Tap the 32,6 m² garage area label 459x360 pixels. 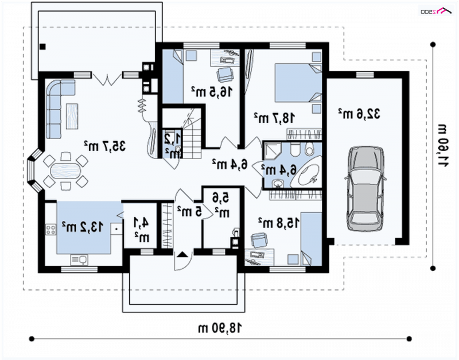coord(359,113)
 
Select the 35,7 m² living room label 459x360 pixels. coord(104,146)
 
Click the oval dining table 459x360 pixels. coord(65,171)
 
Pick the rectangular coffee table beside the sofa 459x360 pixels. coord(72,116)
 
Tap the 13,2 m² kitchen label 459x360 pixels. coord(83,226)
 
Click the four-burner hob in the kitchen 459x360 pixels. coord(50,229)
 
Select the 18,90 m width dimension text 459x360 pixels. coord(220,328)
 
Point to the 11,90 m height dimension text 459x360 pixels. coord(442,146)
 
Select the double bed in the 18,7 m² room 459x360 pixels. coord(298,83)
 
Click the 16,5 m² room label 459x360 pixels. coord(212,92)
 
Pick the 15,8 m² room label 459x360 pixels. coord(279,223)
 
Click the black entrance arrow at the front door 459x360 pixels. coord(183,254)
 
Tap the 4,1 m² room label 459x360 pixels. coord(141,229)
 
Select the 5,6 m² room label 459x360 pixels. coord(221,205)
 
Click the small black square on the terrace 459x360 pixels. coord(42,47)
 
